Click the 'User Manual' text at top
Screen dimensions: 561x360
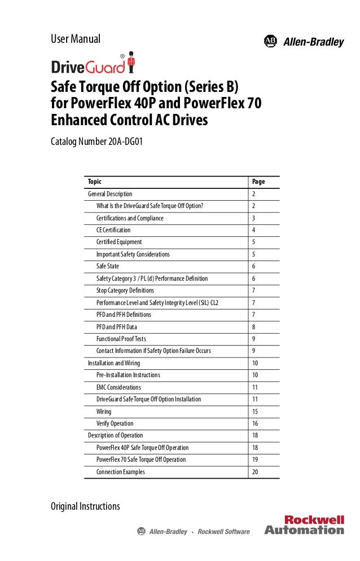[76, 39]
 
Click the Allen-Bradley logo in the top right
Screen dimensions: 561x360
[304, 41]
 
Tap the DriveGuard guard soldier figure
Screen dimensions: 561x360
[132, 63]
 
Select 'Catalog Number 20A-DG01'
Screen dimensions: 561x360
[97, 141]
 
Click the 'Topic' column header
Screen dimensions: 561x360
[95, 182]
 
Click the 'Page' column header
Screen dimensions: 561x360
[258, 182]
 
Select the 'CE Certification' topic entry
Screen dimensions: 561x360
[113, 230]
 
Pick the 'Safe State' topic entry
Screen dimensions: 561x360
[108, 266]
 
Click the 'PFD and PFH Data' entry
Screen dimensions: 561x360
[117, 326]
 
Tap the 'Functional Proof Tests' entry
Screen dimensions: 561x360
[124, 339]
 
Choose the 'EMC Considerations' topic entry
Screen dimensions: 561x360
[119, 387]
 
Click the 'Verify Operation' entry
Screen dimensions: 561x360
[115, 423]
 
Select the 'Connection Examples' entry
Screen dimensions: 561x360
[121, 472]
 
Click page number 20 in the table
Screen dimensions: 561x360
[256, 472]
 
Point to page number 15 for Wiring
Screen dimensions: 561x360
[256, 412]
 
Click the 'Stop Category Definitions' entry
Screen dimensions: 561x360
[125, 290]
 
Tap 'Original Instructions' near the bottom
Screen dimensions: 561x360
[85, 506]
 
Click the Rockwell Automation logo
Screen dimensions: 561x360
[304, 525]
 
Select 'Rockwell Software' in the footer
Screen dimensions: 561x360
[225, 531]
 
